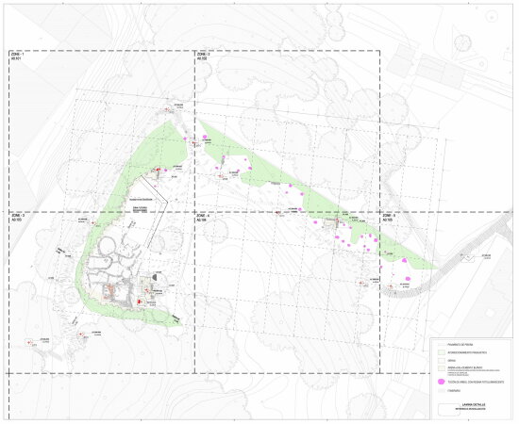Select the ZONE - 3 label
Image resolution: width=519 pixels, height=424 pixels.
click(x=16, y=216)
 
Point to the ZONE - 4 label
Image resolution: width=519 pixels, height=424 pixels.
click(x=203, y=216)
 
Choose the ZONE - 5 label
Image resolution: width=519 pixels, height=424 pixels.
click(x=390, y=216)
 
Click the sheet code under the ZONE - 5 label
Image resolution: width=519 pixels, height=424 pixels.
click(x=388, y=220)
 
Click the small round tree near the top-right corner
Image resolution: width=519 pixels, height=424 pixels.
click(x=463, y=41)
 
